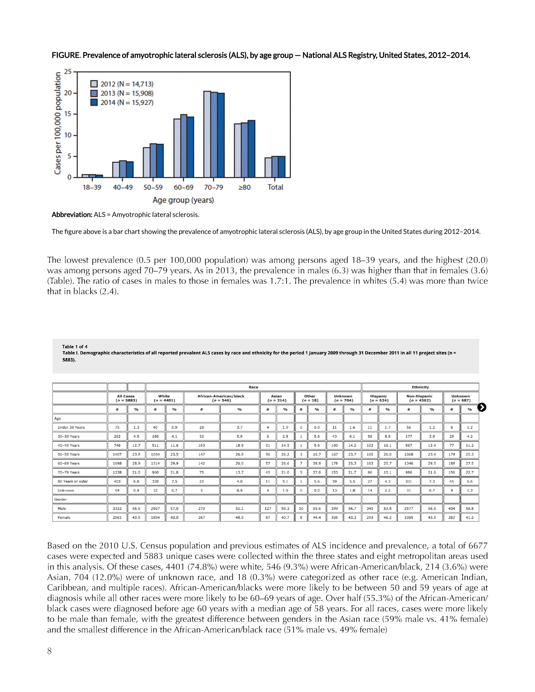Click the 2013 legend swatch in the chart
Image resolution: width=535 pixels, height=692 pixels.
click(94, 93)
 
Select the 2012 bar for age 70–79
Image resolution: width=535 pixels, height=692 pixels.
click(207, 134)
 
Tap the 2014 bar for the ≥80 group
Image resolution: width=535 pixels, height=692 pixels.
click(251, 149)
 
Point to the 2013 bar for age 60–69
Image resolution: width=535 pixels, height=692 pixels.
click(183, 146)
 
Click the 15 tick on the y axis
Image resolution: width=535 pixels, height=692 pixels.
click(68, 114)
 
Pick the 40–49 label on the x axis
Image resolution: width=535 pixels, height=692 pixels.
click(123, 187)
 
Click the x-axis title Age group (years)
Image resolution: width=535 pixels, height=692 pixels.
click(183, 200)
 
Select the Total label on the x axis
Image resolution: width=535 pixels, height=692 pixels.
click(275, 187)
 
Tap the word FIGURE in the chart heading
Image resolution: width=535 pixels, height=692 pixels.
click(66, 55)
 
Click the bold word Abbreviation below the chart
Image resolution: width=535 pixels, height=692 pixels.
click(72, 215)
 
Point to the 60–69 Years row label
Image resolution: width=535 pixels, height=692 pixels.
click(69, 463)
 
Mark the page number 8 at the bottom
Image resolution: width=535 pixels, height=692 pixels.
click(50, 651)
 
